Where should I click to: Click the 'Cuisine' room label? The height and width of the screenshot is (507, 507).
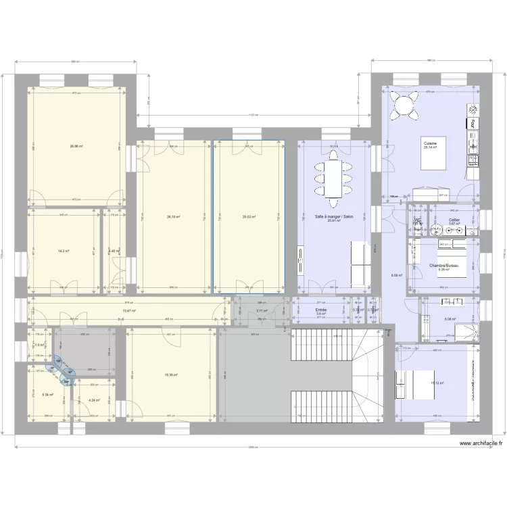[x=430, y=143]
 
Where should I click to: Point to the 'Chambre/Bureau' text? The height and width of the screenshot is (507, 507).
[x=444, y=266]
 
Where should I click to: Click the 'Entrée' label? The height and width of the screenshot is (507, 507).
[x=321, y=310]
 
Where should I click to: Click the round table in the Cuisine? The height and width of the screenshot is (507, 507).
[x=406, y=106]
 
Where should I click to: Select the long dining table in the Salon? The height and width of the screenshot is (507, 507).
[x=334, y=177]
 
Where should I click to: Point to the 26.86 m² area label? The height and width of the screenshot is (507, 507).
[x=76, y=146]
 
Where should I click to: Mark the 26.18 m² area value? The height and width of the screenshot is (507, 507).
[x=173, y=217]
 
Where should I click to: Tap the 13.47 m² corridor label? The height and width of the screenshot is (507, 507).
[x=128, y=311]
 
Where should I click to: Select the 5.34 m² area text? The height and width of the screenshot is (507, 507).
[x=47, y=394]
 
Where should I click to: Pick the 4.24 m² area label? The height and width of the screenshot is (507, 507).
[x=93, y=400]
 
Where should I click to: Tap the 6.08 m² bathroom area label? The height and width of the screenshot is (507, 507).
[x=450, y=320]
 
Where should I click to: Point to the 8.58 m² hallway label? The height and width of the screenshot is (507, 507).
[x=397, y=275]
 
